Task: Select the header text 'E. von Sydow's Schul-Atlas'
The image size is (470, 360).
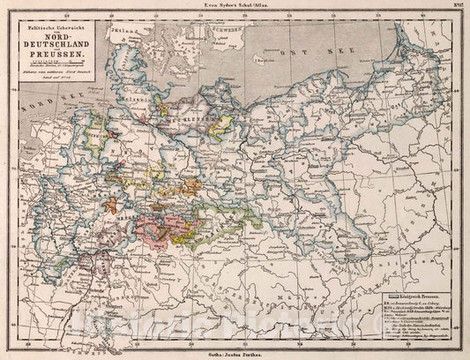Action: (x=235, y=7)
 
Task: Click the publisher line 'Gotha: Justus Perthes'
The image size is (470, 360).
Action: (x=235, y=352)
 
